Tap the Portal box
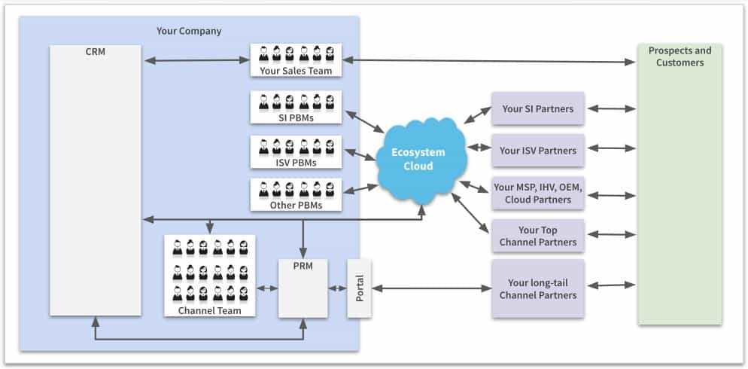point(359,288)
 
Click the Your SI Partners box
point(537,109)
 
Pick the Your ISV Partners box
point(537,151)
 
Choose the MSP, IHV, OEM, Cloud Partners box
point(537,194)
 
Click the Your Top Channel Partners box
point(537,236)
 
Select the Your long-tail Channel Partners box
point(537,289)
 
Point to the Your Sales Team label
point(296,71)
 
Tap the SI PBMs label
point(296,118)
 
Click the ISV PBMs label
point(296,163)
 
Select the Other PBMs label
point(296,206)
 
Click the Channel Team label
point(209,310)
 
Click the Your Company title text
point(189,31)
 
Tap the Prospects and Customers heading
point(680,56)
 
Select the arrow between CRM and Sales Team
point(196,60)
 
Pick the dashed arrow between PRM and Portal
point(336,288)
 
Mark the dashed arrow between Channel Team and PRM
point(266,288)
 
